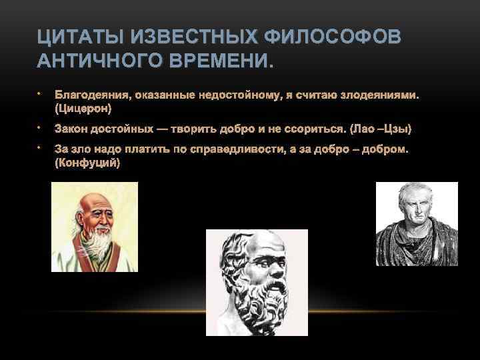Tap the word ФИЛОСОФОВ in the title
(x=333, y=36)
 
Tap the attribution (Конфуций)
(x=87, y=162)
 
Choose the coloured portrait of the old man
(x=94, y=227)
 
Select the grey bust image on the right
(x=417, y=224)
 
